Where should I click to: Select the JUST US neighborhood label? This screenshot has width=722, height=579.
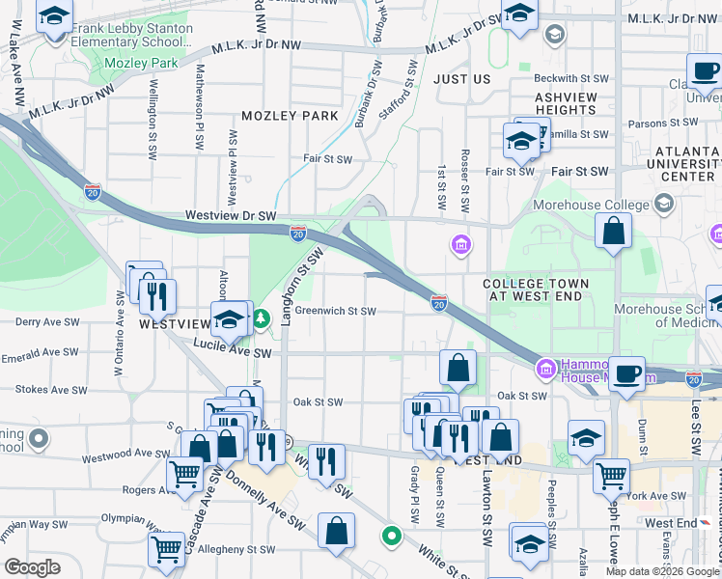[x=462, y=78]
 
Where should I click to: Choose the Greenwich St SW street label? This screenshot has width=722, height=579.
[x=335, y=311]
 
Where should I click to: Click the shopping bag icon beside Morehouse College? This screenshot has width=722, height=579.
[x=613, y=231]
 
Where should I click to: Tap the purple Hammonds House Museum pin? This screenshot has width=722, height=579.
[x=545, y=367]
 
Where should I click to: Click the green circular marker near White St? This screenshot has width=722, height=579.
[x=391, y=534]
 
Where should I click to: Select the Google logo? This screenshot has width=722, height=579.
[x=32, y=567]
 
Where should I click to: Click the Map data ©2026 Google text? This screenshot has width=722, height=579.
[x=662, y=570]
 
